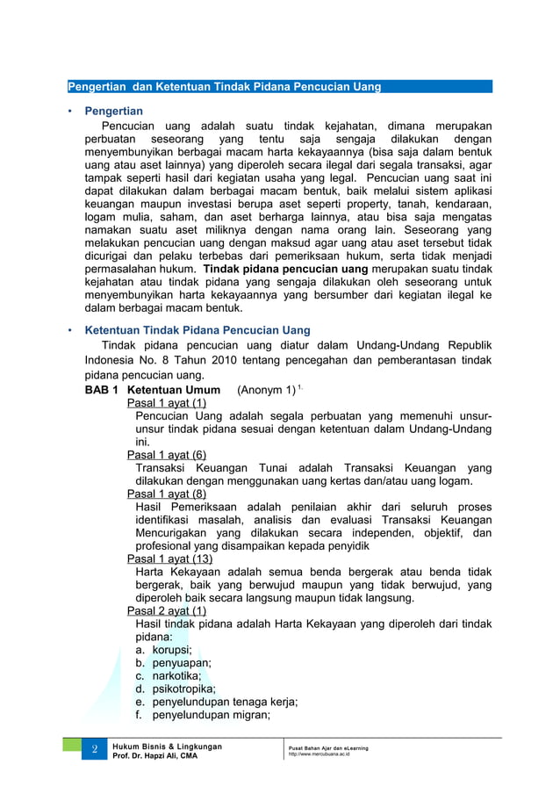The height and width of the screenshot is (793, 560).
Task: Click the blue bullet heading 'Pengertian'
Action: click(113, 112)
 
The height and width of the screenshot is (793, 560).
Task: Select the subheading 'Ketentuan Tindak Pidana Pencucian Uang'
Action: click(197, 330)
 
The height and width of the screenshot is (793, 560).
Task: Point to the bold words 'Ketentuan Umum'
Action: click(174, 390)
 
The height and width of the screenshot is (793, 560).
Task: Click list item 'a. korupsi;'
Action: click(163, 650)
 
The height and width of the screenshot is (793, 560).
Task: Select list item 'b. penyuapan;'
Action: click(173, 663)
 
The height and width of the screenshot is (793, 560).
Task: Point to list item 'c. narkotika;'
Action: click(169, 676)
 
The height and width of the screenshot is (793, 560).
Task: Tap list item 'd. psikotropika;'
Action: click(176, 689)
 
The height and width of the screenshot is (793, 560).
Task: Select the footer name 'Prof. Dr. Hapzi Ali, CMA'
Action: click(154, 756)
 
